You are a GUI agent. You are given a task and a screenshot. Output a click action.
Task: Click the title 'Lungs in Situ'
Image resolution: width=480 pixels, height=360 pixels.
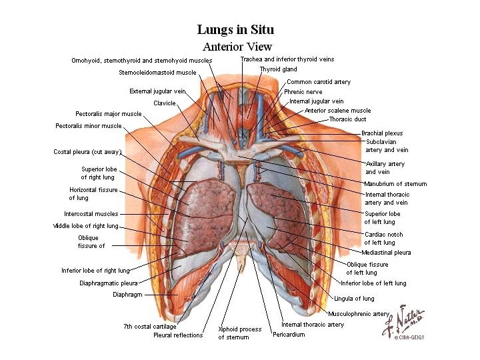[x=235, y=30]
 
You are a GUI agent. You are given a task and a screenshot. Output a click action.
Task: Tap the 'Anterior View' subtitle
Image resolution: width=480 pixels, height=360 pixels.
[x=237, y=47]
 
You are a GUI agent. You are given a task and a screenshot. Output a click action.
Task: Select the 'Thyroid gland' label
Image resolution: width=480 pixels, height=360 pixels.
[x=278, y=69]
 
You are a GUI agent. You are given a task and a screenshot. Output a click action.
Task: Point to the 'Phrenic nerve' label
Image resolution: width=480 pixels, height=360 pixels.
[x=303, y=91]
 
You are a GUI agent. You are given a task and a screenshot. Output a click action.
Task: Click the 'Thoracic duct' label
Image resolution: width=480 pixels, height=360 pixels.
[x=347, y=119]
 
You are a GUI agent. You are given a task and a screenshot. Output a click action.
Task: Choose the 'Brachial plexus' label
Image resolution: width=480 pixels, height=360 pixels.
[x=382, y=133]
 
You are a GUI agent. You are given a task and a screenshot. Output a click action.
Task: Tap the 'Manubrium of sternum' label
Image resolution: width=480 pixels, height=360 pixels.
[x=395, y=184]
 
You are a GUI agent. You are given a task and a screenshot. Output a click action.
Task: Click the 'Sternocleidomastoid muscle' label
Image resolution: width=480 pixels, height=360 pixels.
[x=157, y=73]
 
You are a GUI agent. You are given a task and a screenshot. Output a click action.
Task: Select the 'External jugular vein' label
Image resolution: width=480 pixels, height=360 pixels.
[x=157, y=91]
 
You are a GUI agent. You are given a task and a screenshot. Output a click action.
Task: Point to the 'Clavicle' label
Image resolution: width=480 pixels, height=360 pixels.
[x=164, y=103]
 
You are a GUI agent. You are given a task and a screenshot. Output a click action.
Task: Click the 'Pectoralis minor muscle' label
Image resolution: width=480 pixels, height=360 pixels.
[x=89, y=125]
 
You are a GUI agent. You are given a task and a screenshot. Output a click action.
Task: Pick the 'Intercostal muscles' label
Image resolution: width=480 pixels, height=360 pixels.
[x=91, y=214]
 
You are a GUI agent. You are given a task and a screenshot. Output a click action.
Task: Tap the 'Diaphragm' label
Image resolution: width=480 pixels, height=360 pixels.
[x=127, y=294]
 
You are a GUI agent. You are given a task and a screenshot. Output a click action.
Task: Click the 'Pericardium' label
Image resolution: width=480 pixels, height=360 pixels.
[x=289, y=335]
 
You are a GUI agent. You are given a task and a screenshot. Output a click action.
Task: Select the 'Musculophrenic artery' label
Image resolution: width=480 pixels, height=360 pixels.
[x=359, y=313]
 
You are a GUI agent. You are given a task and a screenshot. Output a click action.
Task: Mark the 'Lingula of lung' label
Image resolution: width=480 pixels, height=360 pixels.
[x=354, y=299]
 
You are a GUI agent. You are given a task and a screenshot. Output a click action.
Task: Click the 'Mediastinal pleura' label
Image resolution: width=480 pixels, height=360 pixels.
[x=386, y=253]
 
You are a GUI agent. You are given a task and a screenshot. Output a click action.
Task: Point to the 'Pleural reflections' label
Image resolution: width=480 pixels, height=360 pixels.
[x=178, y=335]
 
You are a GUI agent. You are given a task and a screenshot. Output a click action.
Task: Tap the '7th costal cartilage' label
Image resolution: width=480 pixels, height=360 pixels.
[x=150, y=327]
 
